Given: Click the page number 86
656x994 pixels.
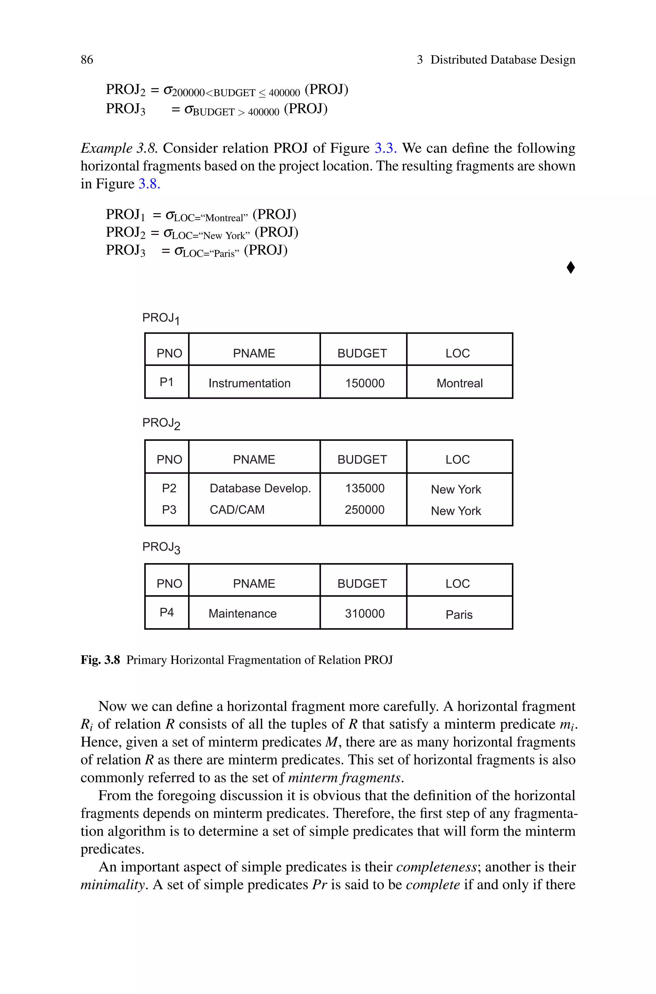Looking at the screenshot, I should (x=87, y=60).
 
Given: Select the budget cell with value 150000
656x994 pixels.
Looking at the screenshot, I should (x=365, y=383).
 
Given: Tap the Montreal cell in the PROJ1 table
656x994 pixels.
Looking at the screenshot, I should (x=459, y=383).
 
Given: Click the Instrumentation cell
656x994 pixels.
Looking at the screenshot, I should (x=249, y=383).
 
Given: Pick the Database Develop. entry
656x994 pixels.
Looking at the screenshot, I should (x=260, y=488).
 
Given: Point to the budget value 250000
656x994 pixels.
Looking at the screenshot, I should (x=365, y=510).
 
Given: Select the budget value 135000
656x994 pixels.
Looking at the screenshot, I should (x=365, y=488).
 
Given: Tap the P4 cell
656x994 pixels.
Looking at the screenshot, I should (x=167, y=612).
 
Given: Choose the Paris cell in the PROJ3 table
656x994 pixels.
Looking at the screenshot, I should (x=459, y=614).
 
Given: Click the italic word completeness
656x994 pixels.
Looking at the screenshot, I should (x=436, y=867).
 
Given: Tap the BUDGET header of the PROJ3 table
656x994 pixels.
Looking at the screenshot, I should (x=362, y=584).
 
